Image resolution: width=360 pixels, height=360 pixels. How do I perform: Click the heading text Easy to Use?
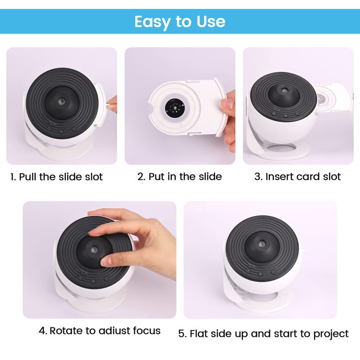click(180, 22)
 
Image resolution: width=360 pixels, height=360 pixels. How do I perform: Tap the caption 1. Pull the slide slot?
click(57, 177)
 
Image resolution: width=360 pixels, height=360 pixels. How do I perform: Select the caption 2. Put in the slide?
click(180, 177)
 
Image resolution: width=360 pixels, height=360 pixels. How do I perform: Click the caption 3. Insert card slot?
click(298, 177)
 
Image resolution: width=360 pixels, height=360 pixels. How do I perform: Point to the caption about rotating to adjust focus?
click(99, 331)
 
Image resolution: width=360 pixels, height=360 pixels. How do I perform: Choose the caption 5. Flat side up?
click(264, 333)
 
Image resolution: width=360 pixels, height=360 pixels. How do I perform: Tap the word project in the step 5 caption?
click(331, 333)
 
